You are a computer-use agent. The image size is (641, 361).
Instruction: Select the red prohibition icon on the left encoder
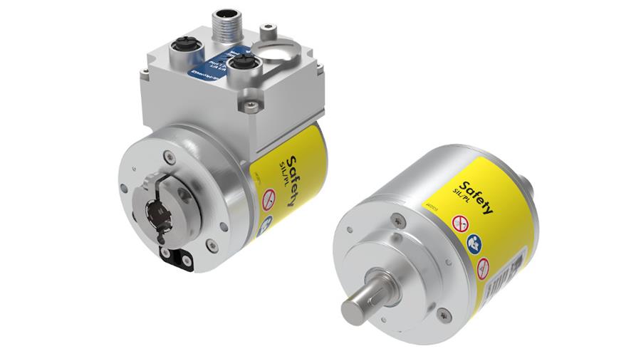pos(270,200)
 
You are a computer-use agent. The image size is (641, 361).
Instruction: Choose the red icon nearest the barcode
pos(484,268)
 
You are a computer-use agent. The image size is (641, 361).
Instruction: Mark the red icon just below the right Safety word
pos(460,224)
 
